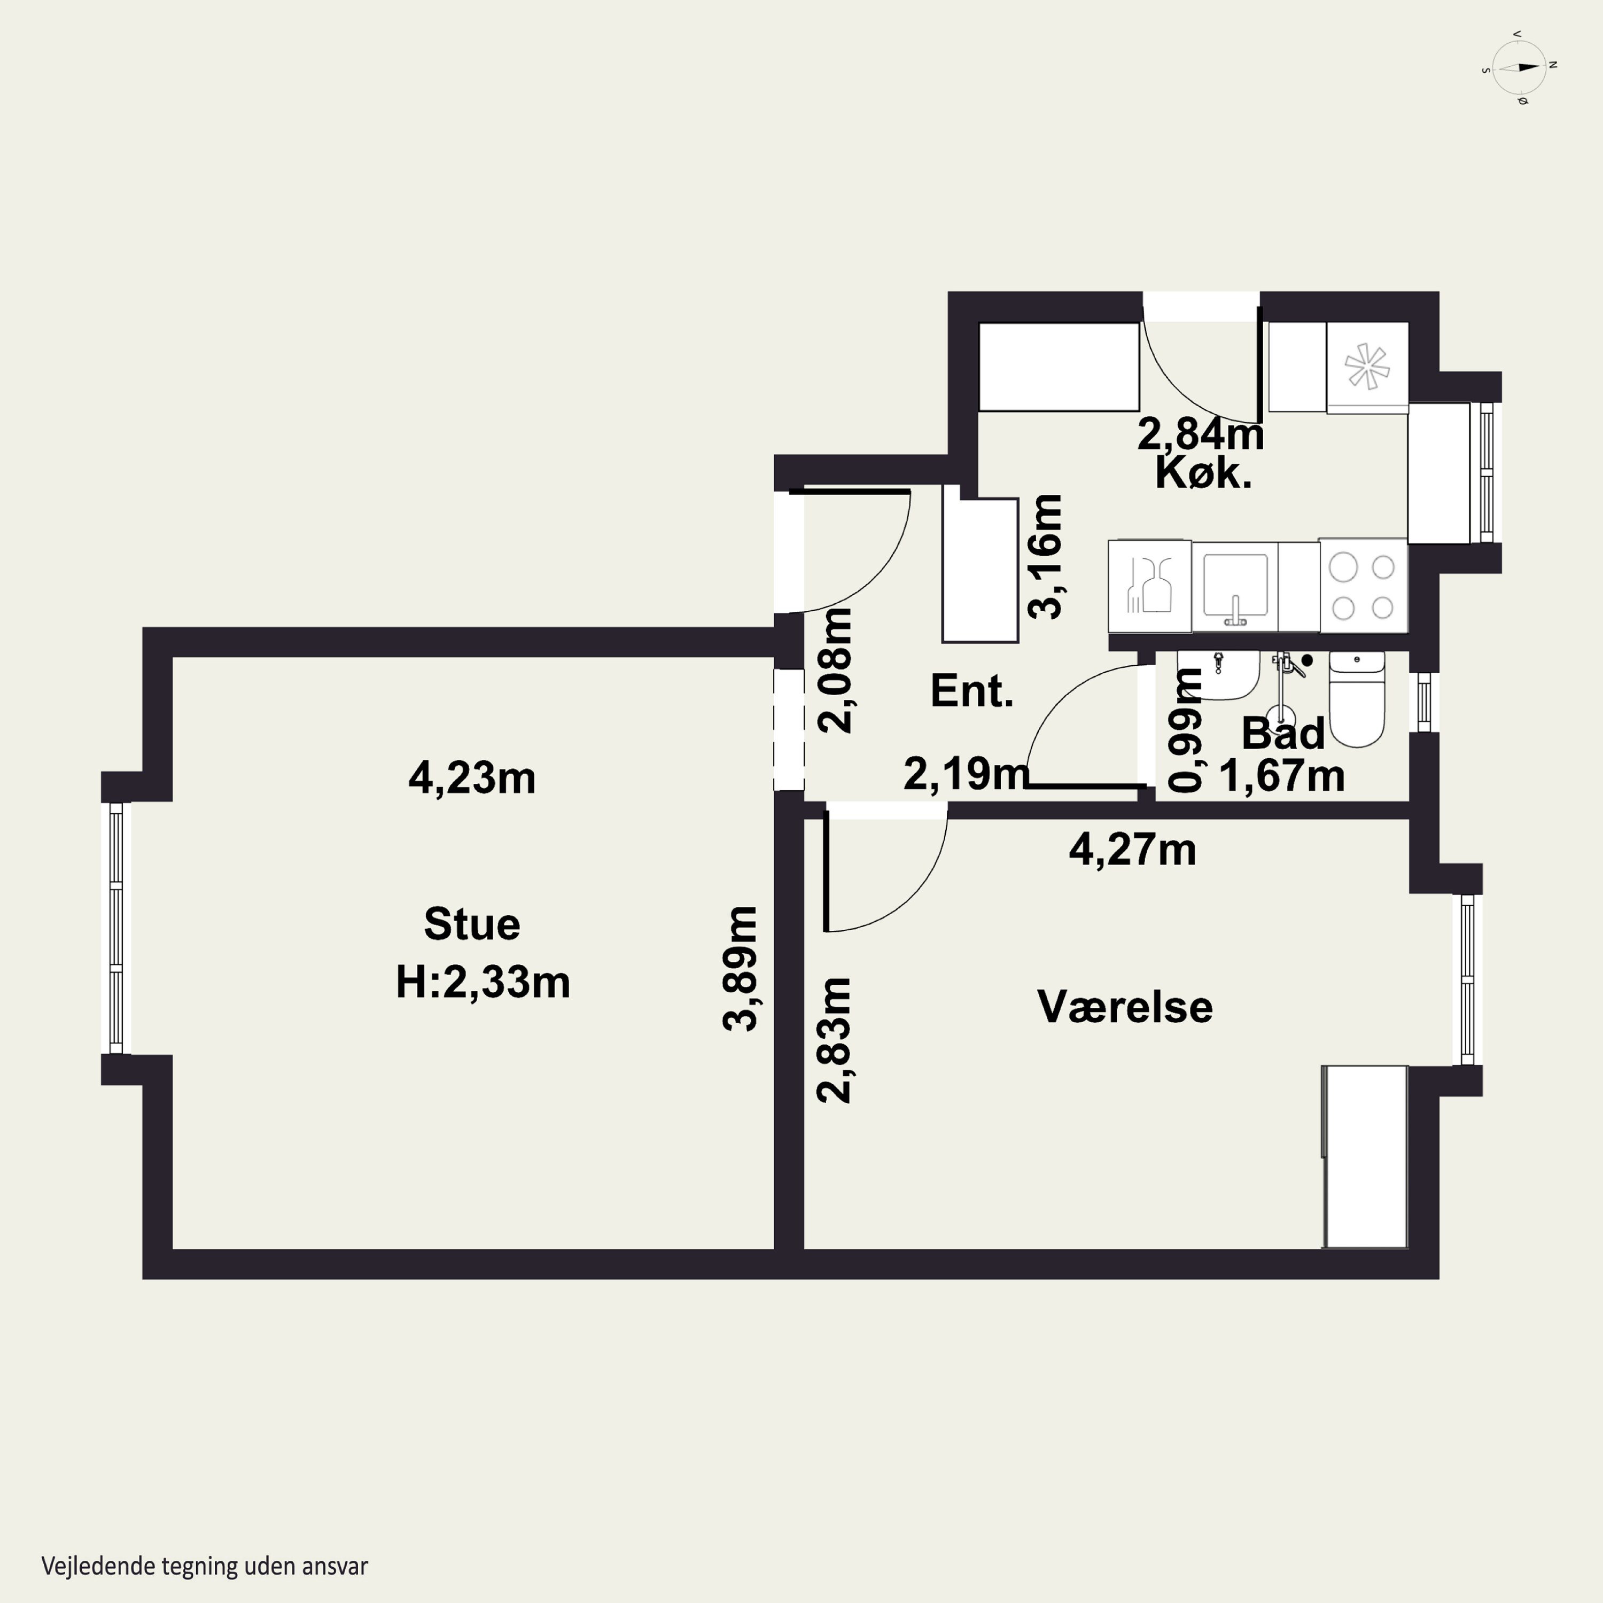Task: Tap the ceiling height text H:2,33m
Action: point(483,983)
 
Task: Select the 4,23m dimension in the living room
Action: point(472,779)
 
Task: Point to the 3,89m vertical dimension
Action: point(740,968)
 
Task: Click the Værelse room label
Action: point(1125,1007)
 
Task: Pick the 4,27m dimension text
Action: point(1133,850)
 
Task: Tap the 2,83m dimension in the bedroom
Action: point(834,1040)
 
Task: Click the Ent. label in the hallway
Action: point(971,690)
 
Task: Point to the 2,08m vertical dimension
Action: point(835,671)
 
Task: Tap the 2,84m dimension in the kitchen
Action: point(1201,434)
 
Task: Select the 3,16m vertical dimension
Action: point(1045,557)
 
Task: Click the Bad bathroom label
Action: point(1283,734)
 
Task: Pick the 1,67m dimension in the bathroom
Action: point(1282,776)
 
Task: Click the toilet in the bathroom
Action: point(1357,698)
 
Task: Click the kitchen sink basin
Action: point(1235,586)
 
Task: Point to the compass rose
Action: point(1519,67)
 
